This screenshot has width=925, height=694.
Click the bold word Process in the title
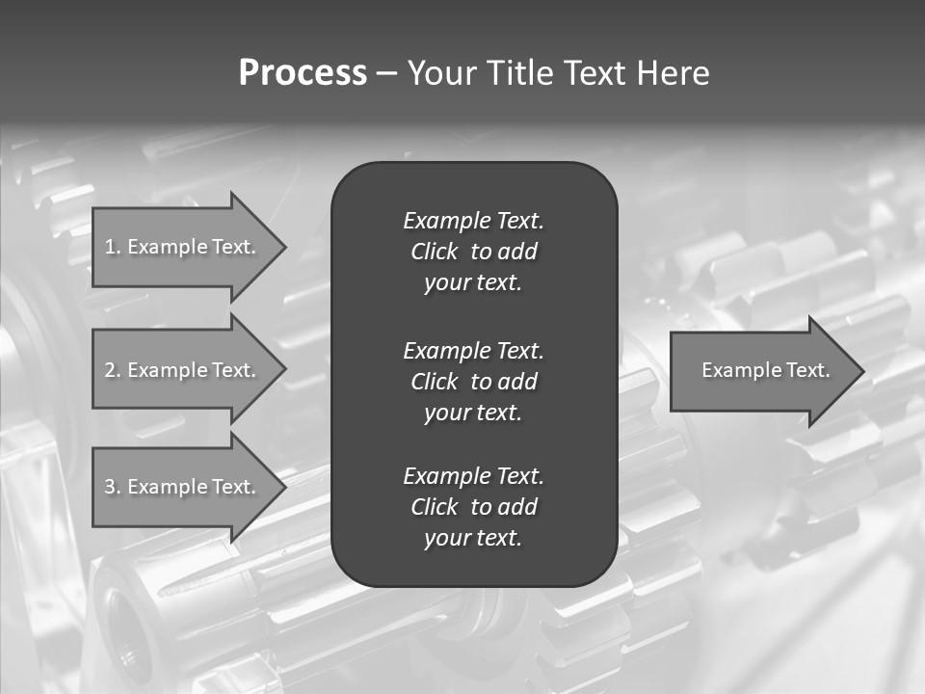pyautogui.click(x=303, y=73)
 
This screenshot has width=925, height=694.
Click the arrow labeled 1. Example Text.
pyautogui.click(x=183, y=247)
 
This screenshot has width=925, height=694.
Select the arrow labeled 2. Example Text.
pyautogui.click(x=183, y=370)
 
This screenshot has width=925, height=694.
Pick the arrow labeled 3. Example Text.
pyautogui.click(x=183, y=487)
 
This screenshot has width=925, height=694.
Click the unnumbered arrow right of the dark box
pyautogui.click(x=761, y=370)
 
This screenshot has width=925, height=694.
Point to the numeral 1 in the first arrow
pyautogui.click(x=110, y=247)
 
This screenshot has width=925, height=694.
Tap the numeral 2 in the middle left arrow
pyautogui.click(x=110, y=370)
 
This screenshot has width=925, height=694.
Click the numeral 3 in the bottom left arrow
pyautogui.click(x=110, y=487)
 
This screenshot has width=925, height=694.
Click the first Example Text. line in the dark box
pyautogui.click(x=473, y=221)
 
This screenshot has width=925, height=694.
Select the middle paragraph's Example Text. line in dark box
pyautogui.click(x=473, y=350)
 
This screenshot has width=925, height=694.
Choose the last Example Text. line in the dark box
pyautogui.click(x=473, y=476)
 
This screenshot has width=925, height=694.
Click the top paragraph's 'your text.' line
pyautogui.click(x=473, y=283)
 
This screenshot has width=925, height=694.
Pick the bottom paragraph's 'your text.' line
pyautogui.click(x=473, y=539)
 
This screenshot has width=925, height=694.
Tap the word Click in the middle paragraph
pyautogui.click(x=434, y=382)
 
